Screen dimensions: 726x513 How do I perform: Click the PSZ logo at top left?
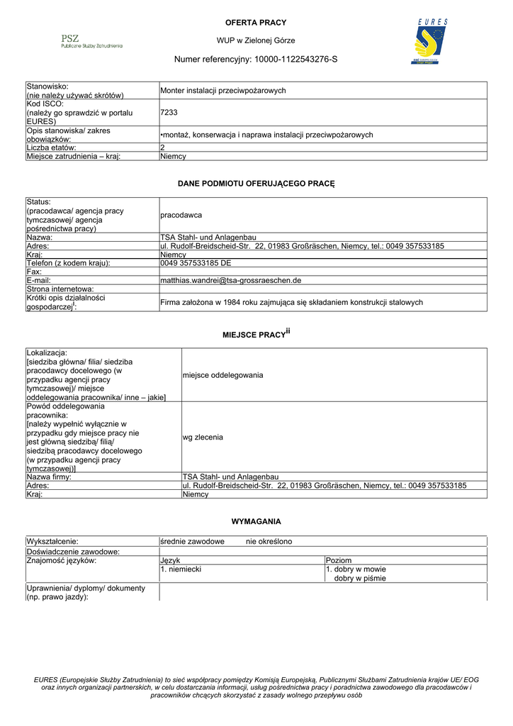click(x=91, y=41)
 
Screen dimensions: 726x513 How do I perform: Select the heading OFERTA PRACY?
click(x=256, y=23)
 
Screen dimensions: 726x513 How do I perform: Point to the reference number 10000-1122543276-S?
click(x=295, y=60)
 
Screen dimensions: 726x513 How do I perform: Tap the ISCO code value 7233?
click(x=169, y=112)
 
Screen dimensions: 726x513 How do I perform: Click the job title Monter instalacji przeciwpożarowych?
click(x=223, y=91)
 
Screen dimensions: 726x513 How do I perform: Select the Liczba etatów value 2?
click(x=163, y=147)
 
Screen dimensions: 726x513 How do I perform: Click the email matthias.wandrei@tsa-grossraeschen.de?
click(x=231, y=281)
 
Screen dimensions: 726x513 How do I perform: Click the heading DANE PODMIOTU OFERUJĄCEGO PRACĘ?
click(x=256, y=184)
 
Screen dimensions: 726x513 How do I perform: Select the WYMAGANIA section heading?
click(x=256, y=521)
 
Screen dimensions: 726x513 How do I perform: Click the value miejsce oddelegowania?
click(x=222, y=374)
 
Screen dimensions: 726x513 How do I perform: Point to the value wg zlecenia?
click(x=203, y=437)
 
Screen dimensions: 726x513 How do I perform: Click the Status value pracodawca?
click(x=181, y=214)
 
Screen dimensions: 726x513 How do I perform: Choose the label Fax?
click(x=34, y=272)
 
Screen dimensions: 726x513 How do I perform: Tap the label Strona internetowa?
click(x=60, y=289)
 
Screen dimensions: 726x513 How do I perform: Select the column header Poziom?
click(x=339, y=560)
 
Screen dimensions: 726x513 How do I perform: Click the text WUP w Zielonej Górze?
click(x=256, y=40)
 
